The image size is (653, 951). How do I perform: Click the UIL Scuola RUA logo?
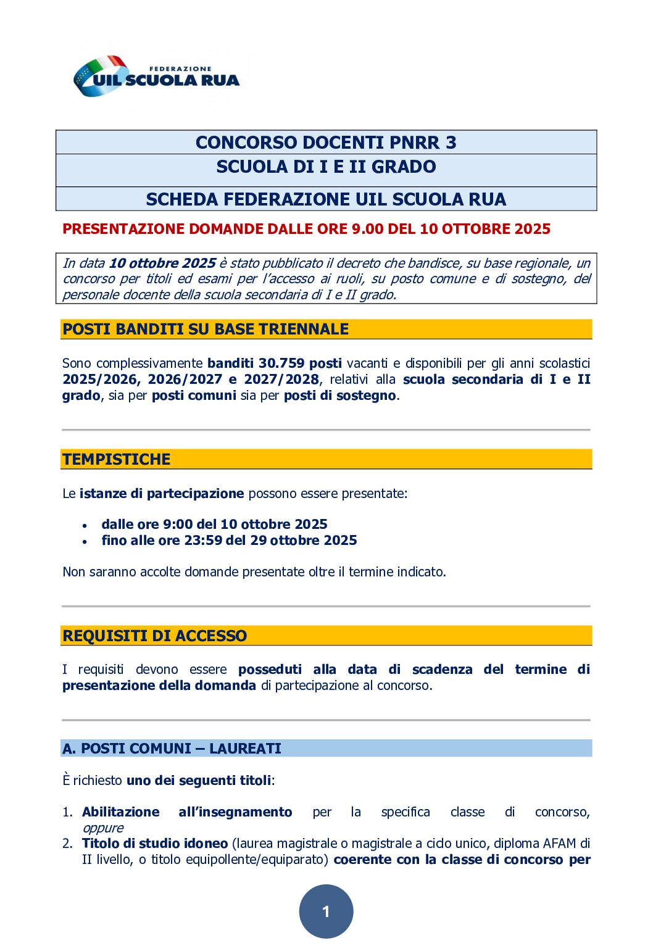156,77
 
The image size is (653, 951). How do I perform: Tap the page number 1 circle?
326,911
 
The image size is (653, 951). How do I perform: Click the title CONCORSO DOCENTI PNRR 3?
326,143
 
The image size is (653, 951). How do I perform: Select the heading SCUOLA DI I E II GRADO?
326,167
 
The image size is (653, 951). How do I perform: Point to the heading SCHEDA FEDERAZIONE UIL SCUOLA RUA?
326,199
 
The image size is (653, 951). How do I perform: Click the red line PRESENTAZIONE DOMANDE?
306,229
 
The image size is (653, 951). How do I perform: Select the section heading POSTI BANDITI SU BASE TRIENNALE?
206,329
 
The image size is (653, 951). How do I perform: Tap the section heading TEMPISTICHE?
116,459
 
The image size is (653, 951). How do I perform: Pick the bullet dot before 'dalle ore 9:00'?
85,526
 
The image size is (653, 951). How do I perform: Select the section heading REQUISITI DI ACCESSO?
154,636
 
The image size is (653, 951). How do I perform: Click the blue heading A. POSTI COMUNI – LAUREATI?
172,749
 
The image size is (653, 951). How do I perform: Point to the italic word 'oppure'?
103,828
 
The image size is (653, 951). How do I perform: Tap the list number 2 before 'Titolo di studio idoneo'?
67,844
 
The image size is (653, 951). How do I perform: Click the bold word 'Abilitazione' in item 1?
120,812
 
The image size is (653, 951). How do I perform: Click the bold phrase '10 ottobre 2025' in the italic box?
162,264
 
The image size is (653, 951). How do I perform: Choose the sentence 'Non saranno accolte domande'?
254,572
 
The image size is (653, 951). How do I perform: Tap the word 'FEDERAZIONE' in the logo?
180,69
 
